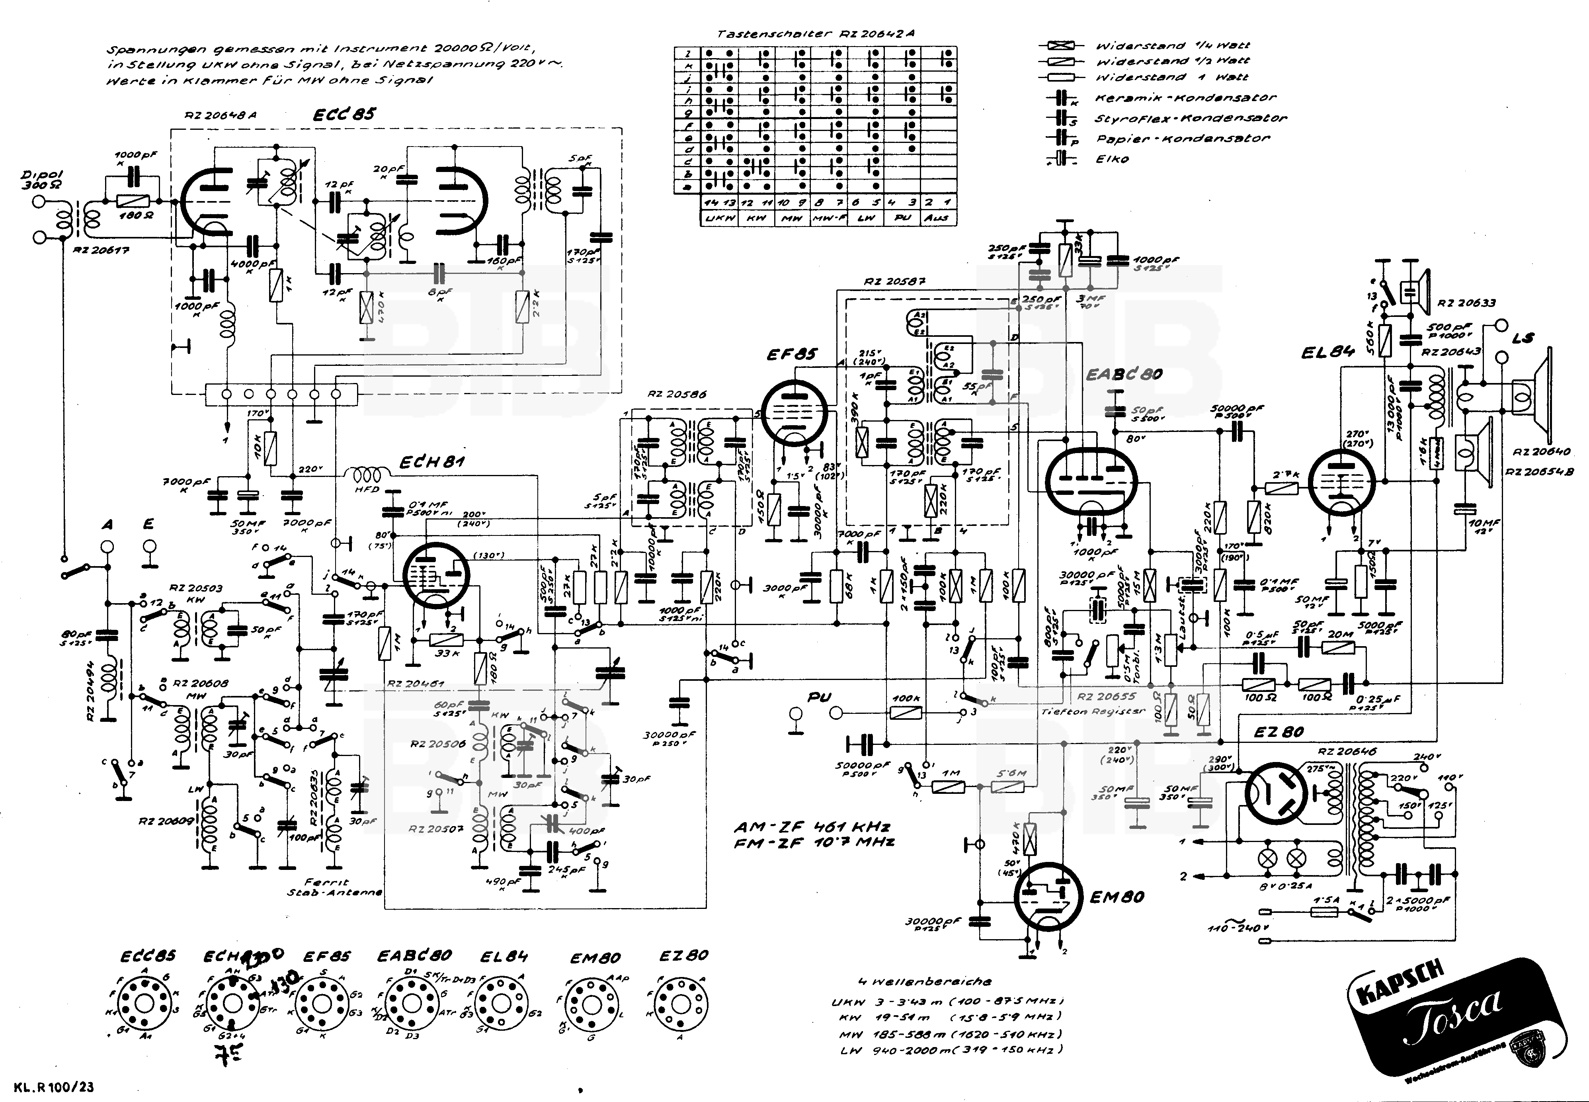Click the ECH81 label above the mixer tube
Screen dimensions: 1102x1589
click(432, 461)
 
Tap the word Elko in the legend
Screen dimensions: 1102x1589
click(1113, 159)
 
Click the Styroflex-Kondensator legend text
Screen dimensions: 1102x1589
click(1190, 118)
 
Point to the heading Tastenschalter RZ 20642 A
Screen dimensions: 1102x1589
click(816, 33)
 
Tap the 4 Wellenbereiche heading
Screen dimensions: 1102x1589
click(923, 981)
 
